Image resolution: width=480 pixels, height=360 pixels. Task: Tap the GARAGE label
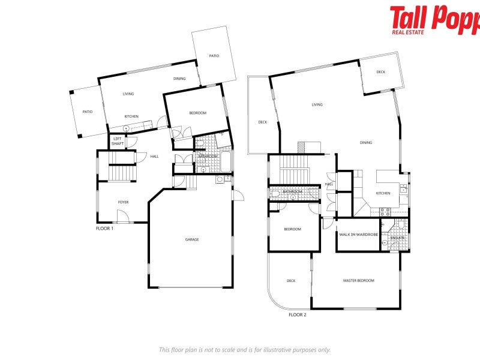point(192,239)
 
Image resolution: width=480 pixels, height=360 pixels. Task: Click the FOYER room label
point(123,202)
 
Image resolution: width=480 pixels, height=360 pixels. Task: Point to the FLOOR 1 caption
point(104,229)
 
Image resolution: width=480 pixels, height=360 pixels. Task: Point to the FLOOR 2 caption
point(297,314)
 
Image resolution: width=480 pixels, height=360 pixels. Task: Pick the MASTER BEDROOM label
point(358,280)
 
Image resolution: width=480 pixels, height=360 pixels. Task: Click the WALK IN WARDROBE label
point(358,234)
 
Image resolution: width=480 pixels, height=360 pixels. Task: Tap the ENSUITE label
point(397,238)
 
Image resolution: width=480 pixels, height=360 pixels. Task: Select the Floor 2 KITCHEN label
point(383,193)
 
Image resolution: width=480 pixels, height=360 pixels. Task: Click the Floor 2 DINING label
point(366,143)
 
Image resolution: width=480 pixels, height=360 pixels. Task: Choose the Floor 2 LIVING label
point(317,104)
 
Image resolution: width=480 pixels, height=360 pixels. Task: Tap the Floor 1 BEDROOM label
point(197,113)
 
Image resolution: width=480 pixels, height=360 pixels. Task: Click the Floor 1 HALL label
point(154,157)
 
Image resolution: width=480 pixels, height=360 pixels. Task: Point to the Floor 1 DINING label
point(179,79)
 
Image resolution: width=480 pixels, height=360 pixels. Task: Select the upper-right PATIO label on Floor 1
point(214,56)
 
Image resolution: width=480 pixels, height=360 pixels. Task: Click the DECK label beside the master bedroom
point(291,280)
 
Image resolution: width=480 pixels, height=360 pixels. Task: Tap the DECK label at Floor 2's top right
point(380,72)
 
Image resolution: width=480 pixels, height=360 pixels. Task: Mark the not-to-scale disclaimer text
point(244,349)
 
